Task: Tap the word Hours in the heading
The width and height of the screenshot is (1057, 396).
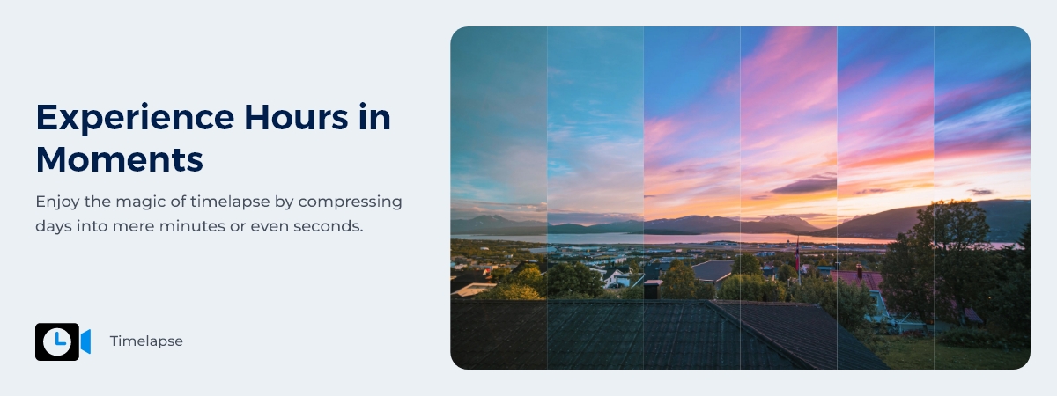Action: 296,117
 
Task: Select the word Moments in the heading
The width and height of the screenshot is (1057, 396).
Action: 120,159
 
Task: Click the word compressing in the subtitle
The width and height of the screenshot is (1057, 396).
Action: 351,202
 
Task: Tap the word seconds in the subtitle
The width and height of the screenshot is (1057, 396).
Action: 329,227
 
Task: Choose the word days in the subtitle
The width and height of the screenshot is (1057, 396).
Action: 54,226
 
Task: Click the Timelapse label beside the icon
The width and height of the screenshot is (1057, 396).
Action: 146,341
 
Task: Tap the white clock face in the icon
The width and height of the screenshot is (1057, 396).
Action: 57,341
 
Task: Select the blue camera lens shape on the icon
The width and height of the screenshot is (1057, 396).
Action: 85,341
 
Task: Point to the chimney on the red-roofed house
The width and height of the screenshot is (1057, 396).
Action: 860,271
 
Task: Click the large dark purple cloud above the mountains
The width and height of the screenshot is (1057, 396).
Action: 803,186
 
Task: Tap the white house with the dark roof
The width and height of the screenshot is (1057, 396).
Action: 617,277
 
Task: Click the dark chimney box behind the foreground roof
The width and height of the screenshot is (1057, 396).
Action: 653,289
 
